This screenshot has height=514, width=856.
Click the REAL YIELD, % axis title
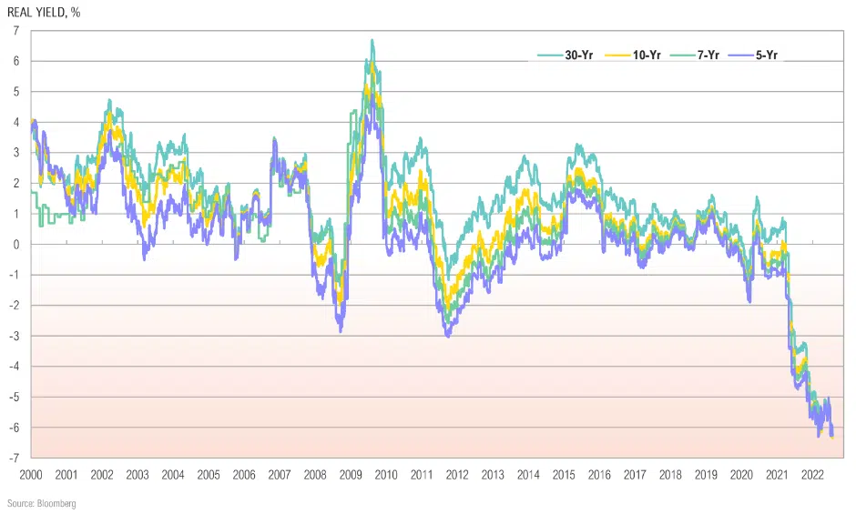(x=46, y=12)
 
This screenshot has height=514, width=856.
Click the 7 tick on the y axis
(x=16, y=31)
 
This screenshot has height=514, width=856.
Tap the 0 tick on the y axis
(x=16, y=244)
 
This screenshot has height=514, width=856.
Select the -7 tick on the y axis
(x=15, y=458)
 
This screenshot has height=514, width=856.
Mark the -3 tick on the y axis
(x=15, y=336)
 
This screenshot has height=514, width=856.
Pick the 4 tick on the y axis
(x=16, y=122)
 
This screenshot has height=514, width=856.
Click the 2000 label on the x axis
(x=31, y=474)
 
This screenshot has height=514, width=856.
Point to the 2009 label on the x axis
(x=351, y=474)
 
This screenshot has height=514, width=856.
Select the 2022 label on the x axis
(x=812, y=474)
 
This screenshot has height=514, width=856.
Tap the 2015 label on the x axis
(x=564, y=474)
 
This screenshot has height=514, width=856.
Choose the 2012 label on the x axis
(x=457, y=474)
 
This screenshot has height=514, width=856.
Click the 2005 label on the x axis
(x=209, y=474)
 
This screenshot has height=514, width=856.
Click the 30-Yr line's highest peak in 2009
(x=372, y=40)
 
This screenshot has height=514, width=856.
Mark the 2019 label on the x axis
(x=706, y=474)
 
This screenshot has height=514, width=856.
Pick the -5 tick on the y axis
(x=15, y=397)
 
